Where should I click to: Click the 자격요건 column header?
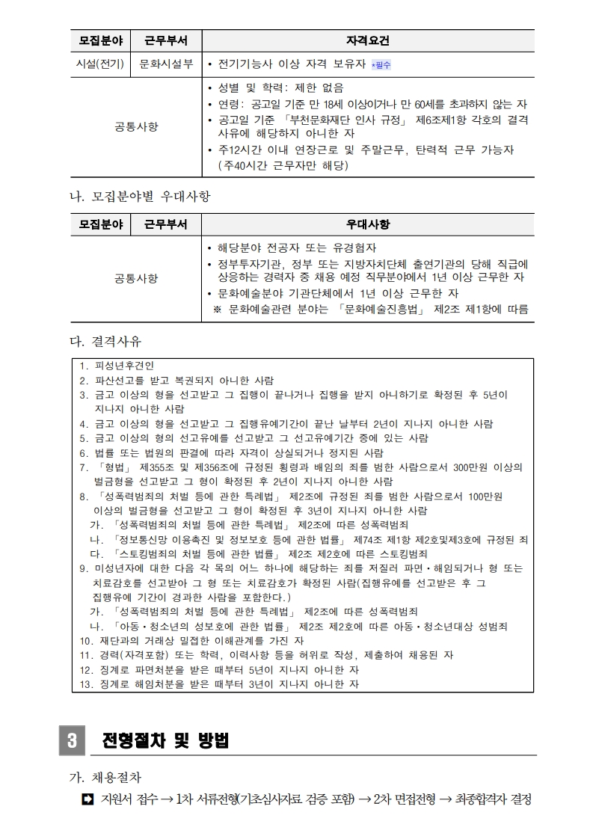pos(368,40)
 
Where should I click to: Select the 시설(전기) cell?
pos(100,64)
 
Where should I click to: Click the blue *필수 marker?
pos(381,65)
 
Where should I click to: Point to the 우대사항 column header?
pos(368,225)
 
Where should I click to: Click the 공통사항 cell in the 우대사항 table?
pos(136,278)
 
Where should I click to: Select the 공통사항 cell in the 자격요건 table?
pos(136,126)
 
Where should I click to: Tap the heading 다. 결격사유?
pos(105,342)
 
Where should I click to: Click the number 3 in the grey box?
pos(72,740)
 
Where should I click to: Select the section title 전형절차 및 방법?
pos(164,740)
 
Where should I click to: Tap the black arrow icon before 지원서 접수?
pos(87,799)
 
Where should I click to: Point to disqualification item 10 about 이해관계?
pos(191,640)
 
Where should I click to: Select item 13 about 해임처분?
pos(219,683)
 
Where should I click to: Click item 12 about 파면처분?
pos(219,669)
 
